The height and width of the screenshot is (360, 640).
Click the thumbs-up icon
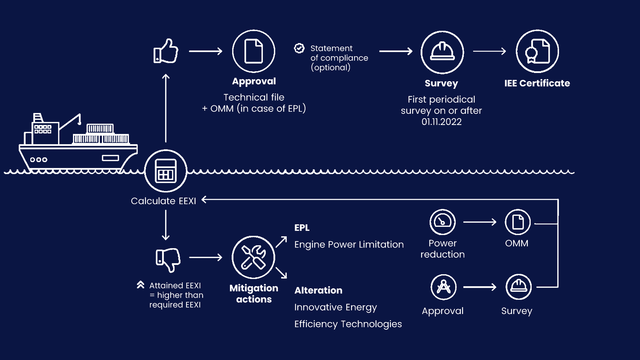click(x=166, y=51)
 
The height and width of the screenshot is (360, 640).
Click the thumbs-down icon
click(x=168, y=259)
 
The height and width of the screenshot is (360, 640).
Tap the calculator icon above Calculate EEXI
click(x=166, y=171)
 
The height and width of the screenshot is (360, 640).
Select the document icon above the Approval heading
click(x=253, y=51)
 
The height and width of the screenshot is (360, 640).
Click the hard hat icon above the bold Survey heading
click(x=442, y=52)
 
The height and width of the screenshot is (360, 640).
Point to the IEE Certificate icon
click(x=537, y=52)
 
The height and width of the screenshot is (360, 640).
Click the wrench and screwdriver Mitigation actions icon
click(x=253, y=257)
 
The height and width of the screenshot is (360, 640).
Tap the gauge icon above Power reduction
click(x=442, y=222)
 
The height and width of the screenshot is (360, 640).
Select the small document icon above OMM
click(x=518, y=222)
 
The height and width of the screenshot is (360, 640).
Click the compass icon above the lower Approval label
click(x=443, y=287)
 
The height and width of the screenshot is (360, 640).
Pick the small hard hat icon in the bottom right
click(x=518, y=287)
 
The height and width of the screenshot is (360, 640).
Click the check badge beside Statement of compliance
click(x=300, y=48)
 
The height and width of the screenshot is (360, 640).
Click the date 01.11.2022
click(x=442, y=122)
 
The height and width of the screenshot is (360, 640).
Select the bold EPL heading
click(x=302, y=228)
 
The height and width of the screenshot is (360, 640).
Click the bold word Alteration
click(x=318, y=290)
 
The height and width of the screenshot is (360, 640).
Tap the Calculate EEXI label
click(x=163, y=201)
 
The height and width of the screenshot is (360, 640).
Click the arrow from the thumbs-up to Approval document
click(x=206, y=51)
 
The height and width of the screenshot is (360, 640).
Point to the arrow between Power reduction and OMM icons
click(x=480, y=222)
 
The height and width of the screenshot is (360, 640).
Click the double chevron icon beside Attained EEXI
click(x=140, y=285)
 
